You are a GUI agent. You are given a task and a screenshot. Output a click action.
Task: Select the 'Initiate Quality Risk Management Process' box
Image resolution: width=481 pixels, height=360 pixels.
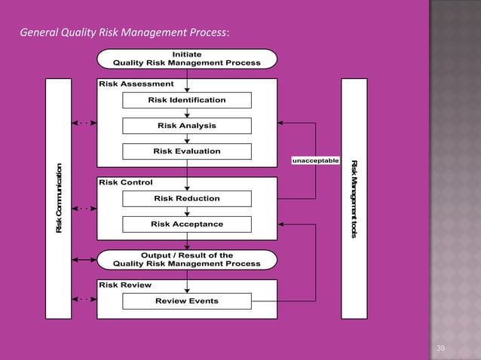click(x=186, y=59)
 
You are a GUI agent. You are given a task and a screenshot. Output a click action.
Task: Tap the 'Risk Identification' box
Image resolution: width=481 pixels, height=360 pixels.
click(x=186, y=100)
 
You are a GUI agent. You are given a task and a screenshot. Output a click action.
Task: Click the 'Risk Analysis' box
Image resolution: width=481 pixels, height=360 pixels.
click(x=186, y=125)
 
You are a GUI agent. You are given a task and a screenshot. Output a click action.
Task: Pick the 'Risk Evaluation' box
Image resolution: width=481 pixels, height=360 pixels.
click(x=186, y=151)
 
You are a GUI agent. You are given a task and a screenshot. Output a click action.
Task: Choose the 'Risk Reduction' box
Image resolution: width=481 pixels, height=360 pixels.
click(x=186, y=199)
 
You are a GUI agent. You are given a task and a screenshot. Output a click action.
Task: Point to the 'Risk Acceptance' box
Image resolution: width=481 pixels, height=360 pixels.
click(x=186, y=224)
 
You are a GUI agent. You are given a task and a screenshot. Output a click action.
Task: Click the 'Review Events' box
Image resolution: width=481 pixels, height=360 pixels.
click(x=186, y=301)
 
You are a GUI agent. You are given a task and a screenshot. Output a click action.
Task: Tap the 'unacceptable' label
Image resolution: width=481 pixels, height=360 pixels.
click(x=315, y=160)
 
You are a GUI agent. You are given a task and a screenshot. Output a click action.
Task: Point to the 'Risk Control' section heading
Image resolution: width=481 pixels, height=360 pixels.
click(x=125, y=182)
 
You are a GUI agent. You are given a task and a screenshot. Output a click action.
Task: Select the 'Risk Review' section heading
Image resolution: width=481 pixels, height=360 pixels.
click(x=125, y=285)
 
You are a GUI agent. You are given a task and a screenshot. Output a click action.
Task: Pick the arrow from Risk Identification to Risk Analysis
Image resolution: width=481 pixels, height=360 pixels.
click(x=187, y=113)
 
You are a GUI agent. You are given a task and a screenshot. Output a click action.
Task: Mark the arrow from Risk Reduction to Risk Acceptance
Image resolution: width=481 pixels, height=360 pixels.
click(x=187, y=212)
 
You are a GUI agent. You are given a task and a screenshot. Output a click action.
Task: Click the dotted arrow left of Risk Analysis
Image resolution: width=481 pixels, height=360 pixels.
click(x=84, y=122)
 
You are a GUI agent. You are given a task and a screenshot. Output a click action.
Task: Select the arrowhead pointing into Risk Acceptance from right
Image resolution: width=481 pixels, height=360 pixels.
click(x=282, y=224)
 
